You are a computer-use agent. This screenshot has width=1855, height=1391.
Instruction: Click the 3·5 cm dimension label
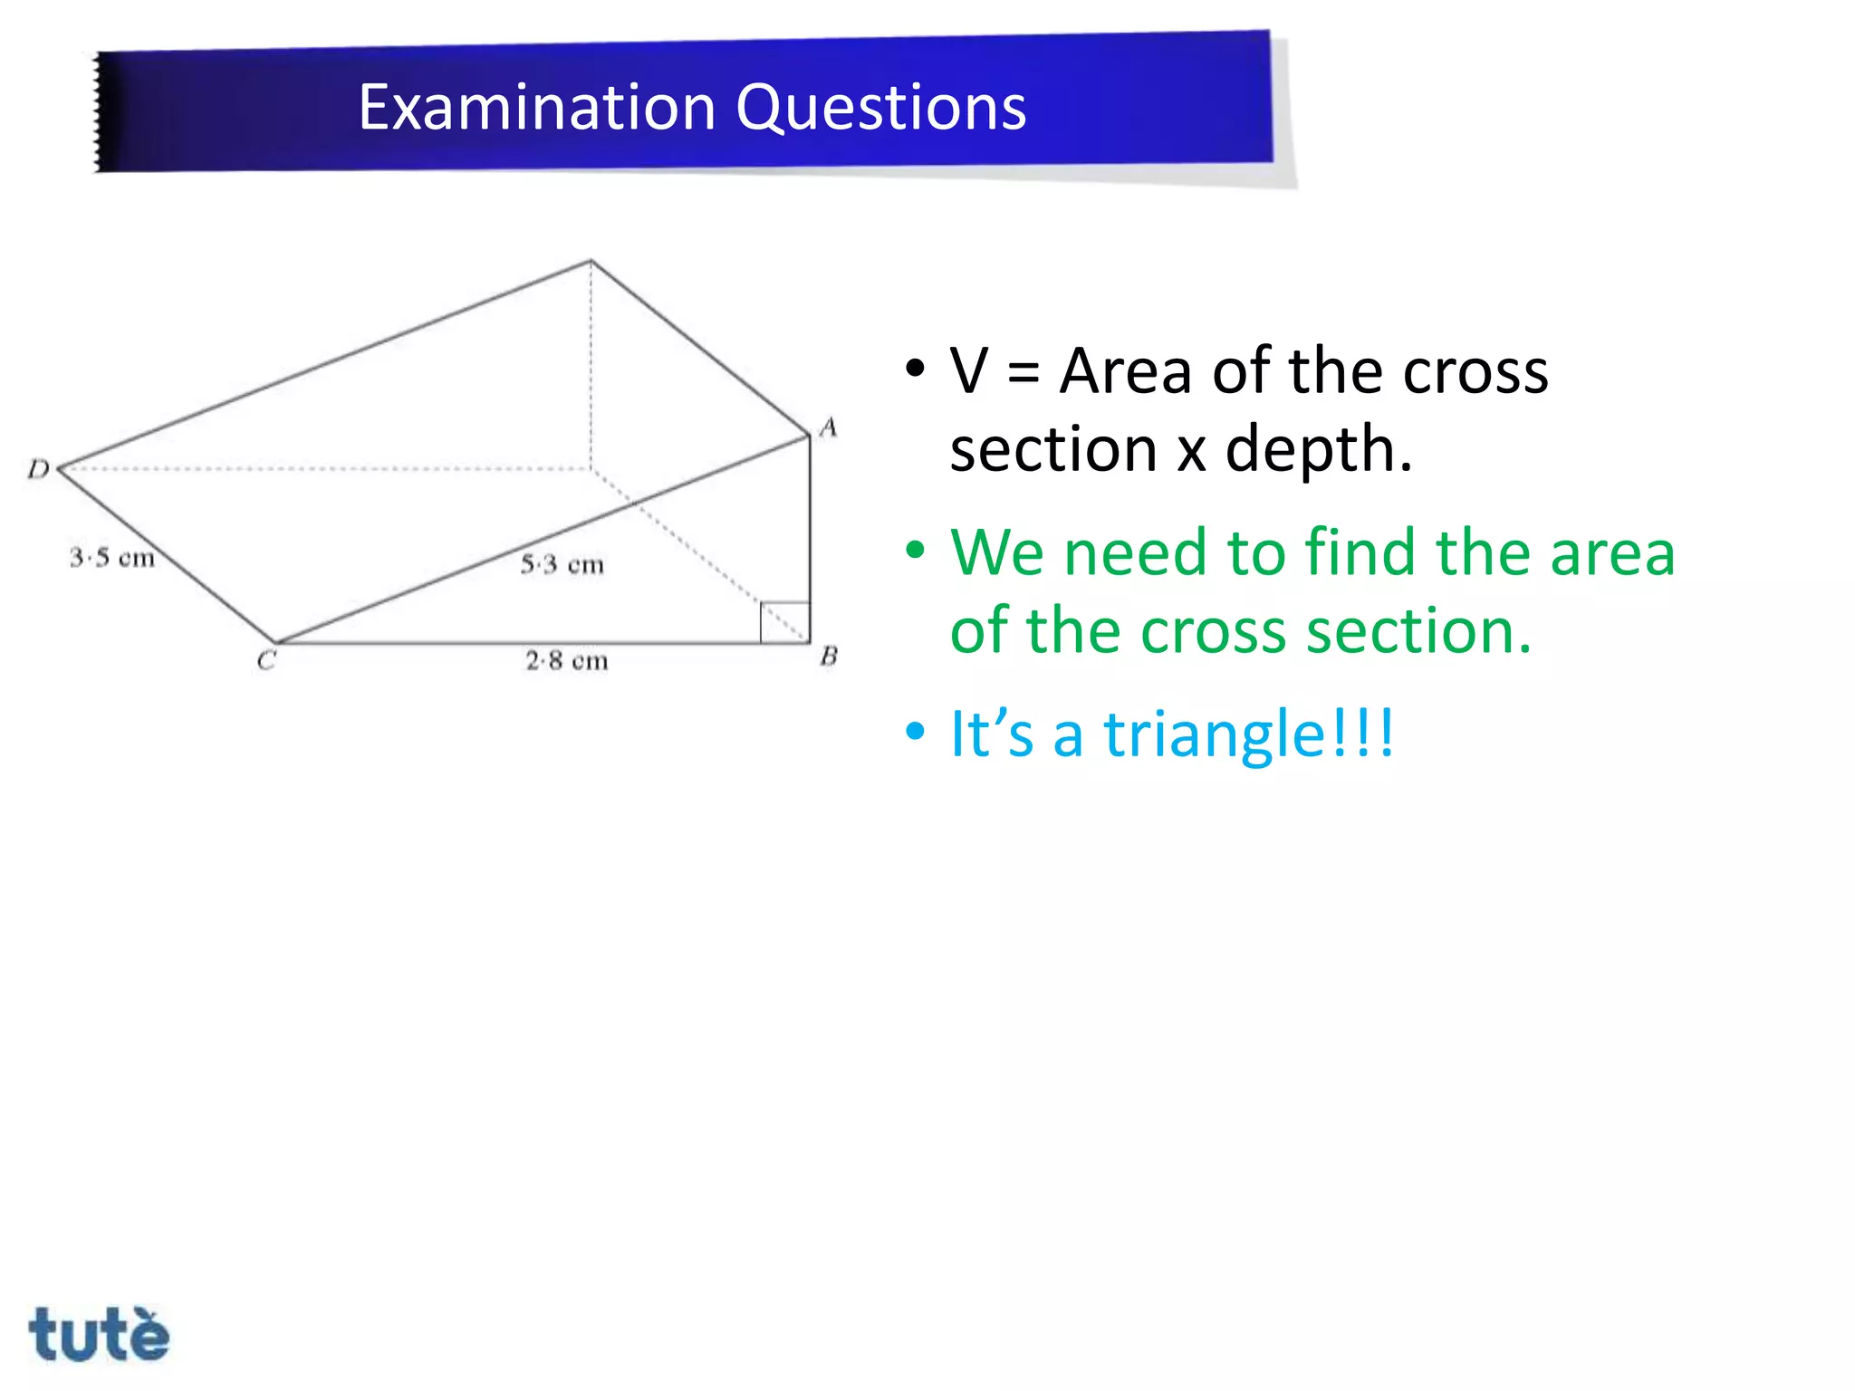point(112,557)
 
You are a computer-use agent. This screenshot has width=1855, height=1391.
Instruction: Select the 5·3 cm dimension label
point(562,564)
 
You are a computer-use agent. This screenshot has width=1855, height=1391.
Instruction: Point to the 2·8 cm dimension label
point(567,660)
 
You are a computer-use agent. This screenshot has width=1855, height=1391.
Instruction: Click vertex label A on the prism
point(828,427)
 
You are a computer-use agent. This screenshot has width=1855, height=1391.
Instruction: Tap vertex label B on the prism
point(829,656)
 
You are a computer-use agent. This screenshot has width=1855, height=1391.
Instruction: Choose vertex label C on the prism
point(265,660)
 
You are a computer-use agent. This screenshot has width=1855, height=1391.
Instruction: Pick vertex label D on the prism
point(38,468)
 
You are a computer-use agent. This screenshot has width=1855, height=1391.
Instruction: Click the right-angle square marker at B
point(784,622)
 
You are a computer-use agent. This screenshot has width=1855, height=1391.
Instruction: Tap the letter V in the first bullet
point(968,371)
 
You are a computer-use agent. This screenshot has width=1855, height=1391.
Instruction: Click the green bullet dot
point(916,550)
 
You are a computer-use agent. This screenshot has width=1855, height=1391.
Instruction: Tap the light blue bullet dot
point(916,731)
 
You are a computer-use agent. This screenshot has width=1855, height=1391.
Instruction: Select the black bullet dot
point(916,369)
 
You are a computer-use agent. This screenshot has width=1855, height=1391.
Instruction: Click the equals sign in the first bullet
point(1024,372)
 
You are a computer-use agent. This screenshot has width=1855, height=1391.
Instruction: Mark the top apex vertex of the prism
point(591,261)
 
